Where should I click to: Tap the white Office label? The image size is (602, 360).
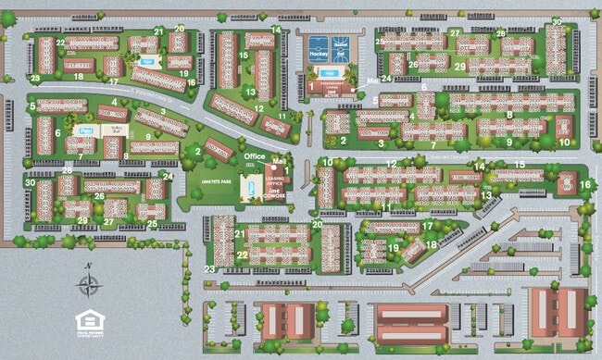coord(255,157)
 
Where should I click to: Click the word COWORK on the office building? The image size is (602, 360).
coord(275,195)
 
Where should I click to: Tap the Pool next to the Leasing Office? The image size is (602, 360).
coord(250,190)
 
